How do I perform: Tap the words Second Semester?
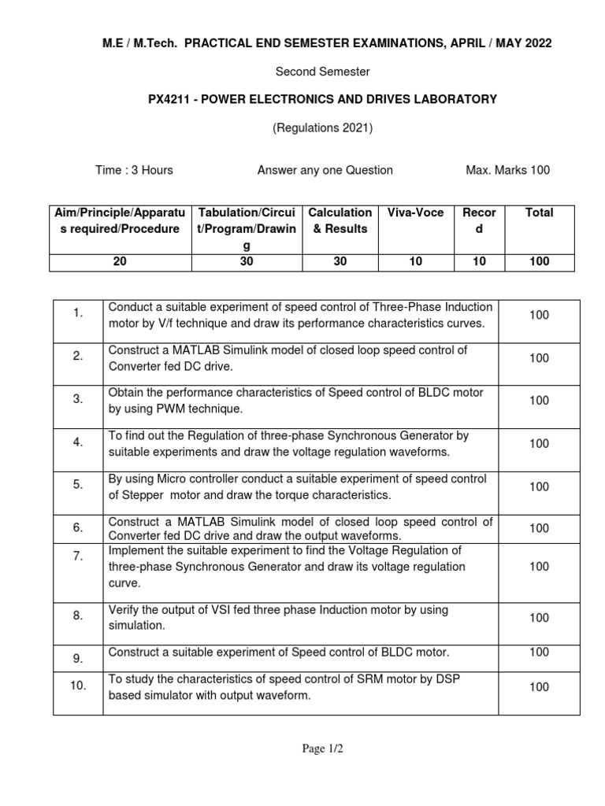[322, 72]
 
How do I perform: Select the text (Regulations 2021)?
[322, 128]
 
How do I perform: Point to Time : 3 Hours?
[134, 170]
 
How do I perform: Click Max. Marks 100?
[508, 170]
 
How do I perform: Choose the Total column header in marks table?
[539, 213]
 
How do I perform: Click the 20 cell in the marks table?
[120, 262]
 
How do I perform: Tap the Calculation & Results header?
[340, 220]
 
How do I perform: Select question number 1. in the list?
[78, 313]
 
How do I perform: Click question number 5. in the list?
[78, 485]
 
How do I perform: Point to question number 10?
[78, 686]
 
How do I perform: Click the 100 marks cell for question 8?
[539, 618]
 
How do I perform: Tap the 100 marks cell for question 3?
[539, 401]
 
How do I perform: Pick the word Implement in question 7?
[135, 550]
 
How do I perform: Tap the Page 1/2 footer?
[323, 749]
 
